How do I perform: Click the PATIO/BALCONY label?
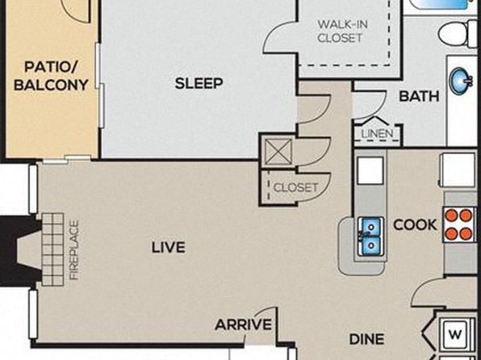[x=51, y=76]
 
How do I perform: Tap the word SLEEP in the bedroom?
[x=199, y=83]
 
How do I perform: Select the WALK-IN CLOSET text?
[x=342, y=31]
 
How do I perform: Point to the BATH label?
[x=419, y=96]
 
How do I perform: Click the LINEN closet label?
[x=377, y=134]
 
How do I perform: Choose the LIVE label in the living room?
[x=169, y=247]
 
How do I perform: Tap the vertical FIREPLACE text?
[x=74, y=250]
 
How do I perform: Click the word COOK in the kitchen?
[x=415, y=225]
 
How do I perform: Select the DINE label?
[x=367, y=339]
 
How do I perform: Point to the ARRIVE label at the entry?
[x=243, y=324]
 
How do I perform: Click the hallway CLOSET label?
[x=295, y=187]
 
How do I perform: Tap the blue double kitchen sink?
[x=371, y=237]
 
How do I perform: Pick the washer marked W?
[x=455, y=334]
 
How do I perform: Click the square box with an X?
[x=278, y=152]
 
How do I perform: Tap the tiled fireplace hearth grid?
[x=52, y=249]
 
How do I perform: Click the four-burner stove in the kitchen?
[x=459, y=224]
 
